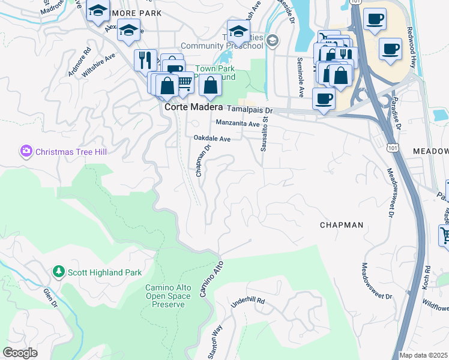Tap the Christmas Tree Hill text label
pyautogui.click(x=71, y=152)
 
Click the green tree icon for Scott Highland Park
pyautogui.click(x=59, y=272)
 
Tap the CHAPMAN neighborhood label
pyautogui.click(x=341, y=225)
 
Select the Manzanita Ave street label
pyautogui.click(x=237, y=124)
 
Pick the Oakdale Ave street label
pyautogui.click(x=212, y=139)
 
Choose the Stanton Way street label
pyautogui.click(x=214, y=341)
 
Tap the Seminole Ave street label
pyautogui.click(x=299, y=77)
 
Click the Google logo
pyautogui.click(x=20, y=353)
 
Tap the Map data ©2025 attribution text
pyautogui.click(x=423, y=355)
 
